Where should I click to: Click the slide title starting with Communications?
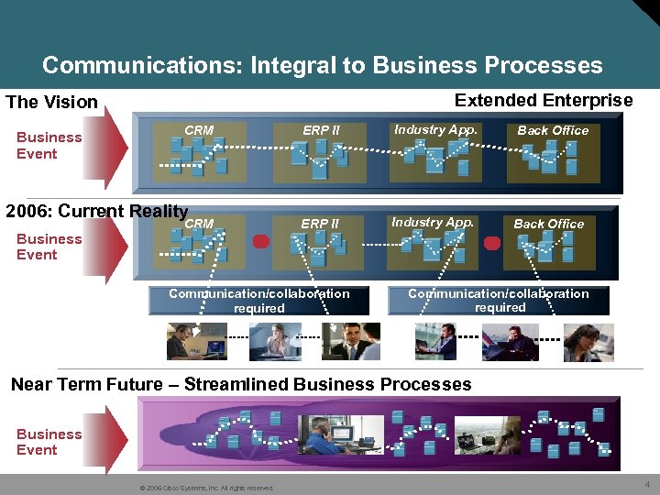(322, 66)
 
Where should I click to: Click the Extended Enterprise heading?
(544, 100)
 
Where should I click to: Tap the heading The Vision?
(51, 102)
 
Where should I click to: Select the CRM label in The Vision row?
(199, 130)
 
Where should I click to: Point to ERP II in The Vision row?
(321, 130)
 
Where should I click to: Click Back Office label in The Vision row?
(553, 130)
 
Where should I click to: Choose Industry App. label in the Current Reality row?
(433, 222)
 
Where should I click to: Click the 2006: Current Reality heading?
(96, 211)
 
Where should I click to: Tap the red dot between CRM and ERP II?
(260, 242)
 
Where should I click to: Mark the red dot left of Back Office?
(492, 244)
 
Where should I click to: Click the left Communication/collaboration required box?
(258, 301)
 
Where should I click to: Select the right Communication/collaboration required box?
(499, 301)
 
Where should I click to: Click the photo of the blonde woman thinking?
(275, 342)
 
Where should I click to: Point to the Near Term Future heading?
(240, 384)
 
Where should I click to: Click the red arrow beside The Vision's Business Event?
(115, 146)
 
